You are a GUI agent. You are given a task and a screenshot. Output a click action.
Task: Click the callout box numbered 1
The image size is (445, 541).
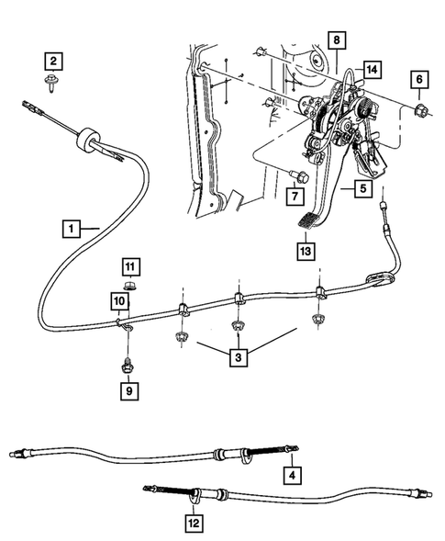click(x=71, y=225)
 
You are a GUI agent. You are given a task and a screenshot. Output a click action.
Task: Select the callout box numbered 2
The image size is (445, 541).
click(x=54, y=62)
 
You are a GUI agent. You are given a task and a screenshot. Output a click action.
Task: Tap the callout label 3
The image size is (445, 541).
click(x=237, y=355)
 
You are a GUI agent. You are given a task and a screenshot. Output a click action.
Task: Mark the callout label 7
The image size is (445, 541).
click(x=295, y=196)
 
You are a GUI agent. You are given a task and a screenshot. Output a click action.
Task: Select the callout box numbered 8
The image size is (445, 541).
click(x=337, y=40)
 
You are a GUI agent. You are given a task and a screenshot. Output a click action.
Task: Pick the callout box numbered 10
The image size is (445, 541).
click(x=120, y=300)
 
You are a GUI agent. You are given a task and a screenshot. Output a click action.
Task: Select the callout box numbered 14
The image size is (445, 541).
click(x=371, y=70)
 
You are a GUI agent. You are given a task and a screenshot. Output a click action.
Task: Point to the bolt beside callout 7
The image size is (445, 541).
click(x=295, y=175)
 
